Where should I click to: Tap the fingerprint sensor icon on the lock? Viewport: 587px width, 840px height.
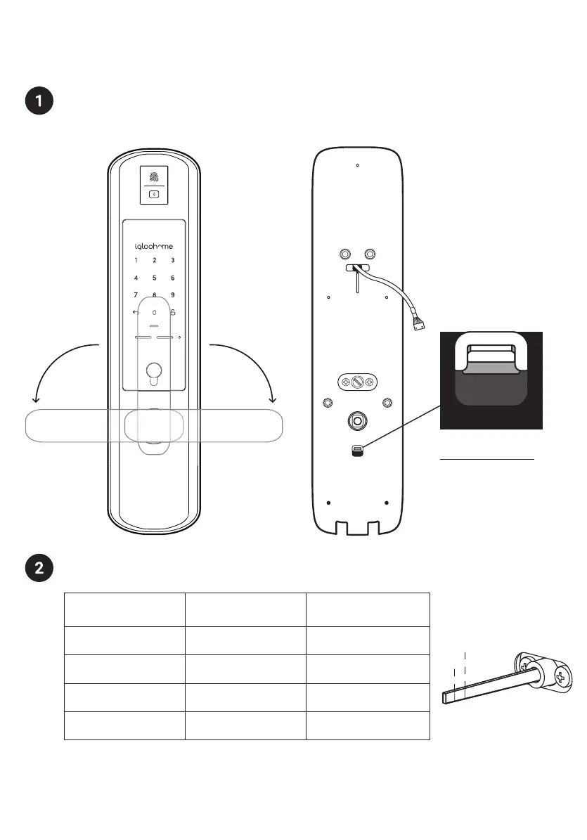tap(154, 176)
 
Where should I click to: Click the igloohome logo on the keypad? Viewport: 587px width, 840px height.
tap(154, 247)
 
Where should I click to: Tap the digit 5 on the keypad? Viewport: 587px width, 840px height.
tap(154, 278)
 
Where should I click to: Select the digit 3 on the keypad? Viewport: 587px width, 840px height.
tap(172, 261)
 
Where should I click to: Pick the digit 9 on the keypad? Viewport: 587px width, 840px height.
tap(172, 295)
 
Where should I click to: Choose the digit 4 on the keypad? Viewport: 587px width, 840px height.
tap(136, 278)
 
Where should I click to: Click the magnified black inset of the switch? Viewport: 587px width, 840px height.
tap(491, 380)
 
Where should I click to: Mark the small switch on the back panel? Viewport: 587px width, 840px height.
tap(357, 450)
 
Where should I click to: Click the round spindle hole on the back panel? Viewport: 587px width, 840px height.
tap(357, 422)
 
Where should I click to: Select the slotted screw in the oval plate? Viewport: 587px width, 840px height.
tap(357, 382)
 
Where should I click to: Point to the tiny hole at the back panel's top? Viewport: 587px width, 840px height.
tap(358, 166)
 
